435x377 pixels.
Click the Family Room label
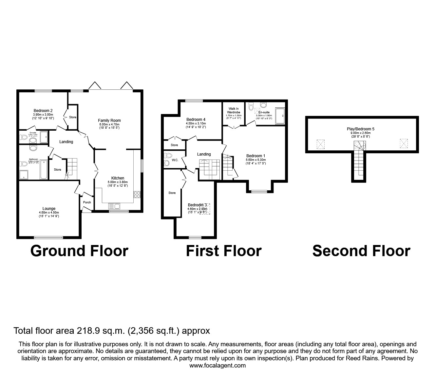click(110, 121)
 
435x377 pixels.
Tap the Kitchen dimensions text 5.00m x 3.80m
click(118, 182)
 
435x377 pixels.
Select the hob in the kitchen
click(137, 194)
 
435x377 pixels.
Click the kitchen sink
click(115, 206)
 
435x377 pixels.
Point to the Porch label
click(87, 202)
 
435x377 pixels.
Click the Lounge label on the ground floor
click(49, 209)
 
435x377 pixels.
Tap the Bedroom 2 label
click(43, 111)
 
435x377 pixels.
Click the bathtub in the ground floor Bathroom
click(44, 170)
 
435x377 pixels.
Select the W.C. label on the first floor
click(175, 160)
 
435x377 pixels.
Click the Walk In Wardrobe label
click(234, 110)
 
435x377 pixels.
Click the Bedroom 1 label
click(256, 156)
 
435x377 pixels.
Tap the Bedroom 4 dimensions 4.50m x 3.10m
click(196, 123)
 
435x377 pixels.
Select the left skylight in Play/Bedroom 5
click(321, 144)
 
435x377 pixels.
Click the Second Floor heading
click(361, 251)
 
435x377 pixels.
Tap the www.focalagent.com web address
click(217, 366)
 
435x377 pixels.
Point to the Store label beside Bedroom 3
click(172, 193)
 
